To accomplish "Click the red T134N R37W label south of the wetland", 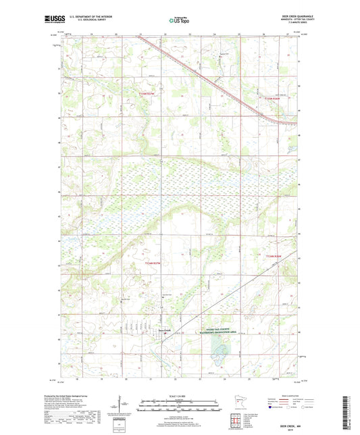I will [153, 263].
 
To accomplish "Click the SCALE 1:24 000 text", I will [180, 395].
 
